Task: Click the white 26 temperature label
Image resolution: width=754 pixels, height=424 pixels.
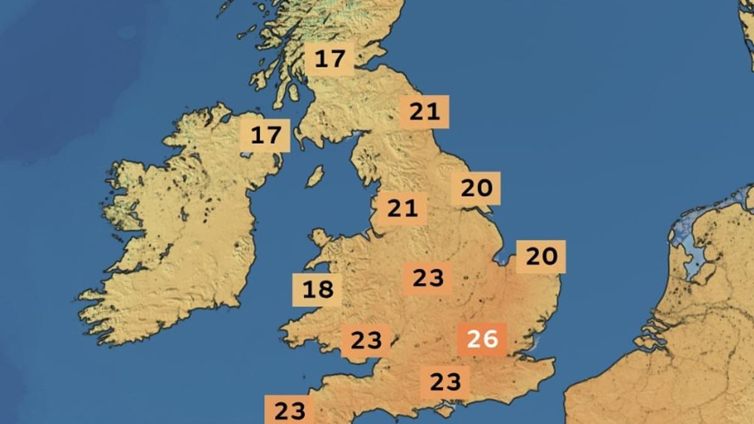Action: point(482,340)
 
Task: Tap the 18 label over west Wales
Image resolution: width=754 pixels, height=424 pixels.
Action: point(317,290)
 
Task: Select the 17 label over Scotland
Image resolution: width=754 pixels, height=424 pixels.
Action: point(330,60)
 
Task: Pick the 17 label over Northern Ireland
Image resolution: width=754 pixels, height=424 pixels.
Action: point(266,136)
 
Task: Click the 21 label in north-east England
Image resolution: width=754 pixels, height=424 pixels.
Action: point(425,112)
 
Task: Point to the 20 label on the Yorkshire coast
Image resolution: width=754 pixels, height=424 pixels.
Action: point(476,188)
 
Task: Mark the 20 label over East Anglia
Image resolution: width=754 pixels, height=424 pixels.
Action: point(541,256)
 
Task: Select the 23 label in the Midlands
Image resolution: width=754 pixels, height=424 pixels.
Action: point(428,278)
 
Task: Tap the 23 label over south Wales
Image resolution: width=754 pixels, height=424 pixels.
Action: point(366,341)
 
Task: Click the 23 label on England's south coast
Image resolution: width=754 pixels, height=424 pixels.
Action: point(445,382)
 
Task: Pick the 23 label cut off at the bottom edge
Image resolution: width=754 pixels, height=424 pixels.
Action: point(289,411)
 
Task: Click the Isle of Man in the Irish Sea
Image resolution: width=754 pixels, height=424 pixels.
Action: point(315,177)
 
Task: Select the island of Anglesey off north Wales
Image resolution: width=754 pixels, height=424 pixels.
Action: point(320,238)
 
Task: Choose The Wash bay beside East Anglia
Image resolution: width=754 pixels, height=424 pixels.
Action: point(503,257)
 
